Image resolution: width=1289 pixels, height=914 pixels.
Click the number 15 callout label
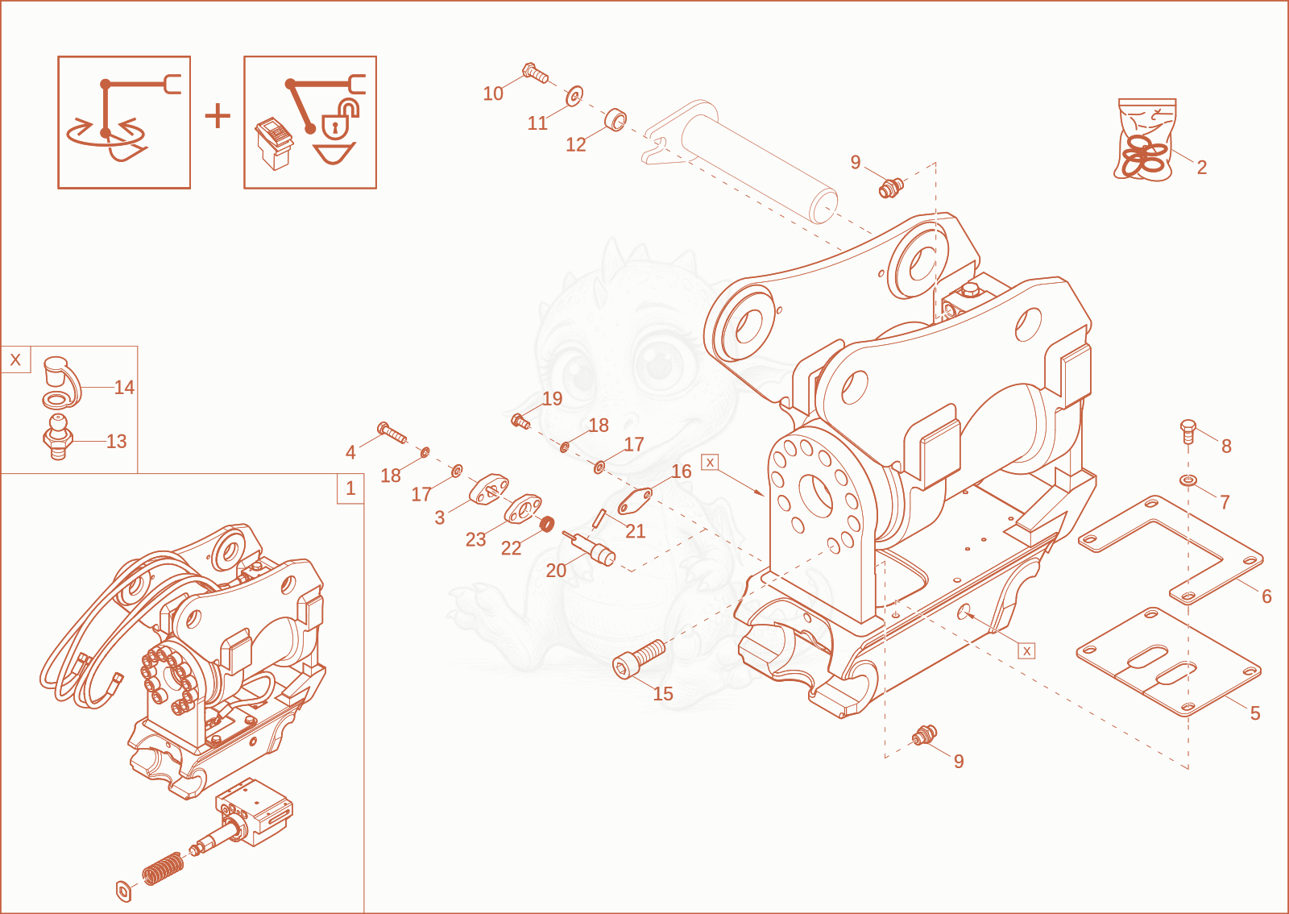(663, 693)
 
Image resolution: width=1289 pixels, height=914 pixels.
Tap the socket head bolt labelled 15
(639, 659)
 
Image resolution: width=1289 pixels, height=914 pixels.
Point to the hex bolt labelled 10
(535, 73)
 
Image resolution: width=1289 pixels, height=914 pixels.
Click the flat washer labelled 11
(575, 96)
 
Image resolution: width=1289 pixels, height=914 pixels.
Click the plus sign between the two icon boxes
(218, 116)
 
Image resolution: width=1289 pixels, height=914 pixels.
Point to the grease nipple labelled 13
(57, 437)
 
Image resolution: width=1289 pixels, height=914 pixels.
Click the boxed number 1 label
(350, 488)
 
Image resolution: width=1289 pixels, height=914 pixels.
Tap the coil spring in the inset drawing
(164, 868)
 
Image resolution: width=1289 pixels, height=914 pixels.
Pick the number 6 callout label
(1266, 596)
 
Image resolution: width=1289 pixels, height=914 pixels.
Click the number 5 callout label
(1255, 713)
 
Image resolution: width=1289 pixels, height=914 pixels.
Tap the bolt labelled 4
(392, 432)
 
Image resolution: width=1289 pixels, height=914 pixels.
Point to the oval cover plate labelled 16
(635, 501)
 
